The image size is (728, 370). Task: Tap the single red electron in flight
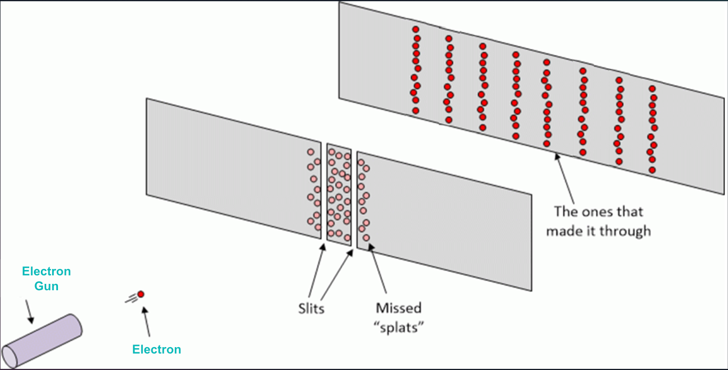(x=141, y=294)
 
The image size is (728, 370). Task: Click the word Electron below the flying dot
(x=157, y=349)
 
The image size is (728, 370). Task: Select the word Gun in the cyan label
(x=47, y=286)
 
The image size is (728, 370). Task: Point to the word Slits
(x=311, y=308)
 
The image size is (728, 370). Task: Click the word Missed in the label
(x=399, y=308)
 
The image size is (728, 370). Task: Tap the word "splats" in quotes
(x=399, y=326)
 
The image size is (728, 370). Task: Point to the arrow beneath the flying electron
(x=147, y=321)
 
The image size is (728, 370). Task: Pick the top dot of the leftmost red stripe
(x=416, y=29)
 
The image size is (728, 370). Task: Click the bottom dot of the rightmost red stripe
(x=652, y=170)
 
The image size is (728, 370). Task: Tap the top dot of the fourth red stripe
(x=515, y=54)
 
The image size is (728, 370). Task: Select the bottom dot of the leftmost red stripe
(x=416, y=111)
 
